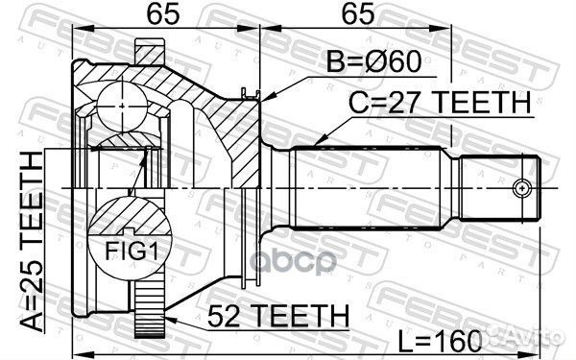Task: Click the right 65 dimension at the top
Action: (x=348, y=15)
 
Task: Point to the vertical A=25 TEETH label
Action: (x=30, y=239)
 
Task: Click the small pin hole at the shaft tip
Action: (x=523, y=188)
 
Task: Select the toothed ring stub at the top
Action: (x=152, y=51)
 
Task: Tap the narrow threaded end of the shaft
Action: (x=499, y=187)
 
